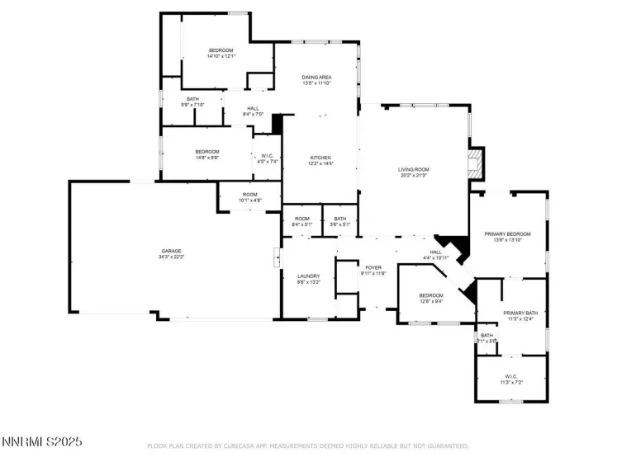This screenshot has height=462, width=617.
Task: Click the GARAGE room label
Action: (171, 251)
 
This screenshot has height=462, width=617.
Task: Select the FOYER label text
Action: (373, 267)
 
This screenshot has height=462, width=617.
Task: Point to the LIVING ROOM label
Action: (414, 169)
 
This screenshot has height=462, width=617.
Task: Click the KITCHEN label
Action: (320, 158)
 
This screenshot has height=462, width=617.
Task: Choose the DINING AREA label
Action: (316, 77)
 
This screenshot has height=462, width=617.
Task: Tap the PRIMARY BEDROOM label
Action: (507, 233)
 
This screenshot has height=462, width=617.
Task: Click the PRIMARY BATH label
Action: (520, 313)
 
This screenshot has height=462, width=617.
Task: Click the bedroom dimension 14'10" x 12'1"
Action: (221, 56)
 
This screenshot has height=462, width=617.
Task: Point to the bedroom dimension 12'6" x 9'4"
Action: (430, 301)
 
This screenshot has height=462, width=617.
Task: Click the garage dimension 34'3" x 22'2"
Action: (171, 257)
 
